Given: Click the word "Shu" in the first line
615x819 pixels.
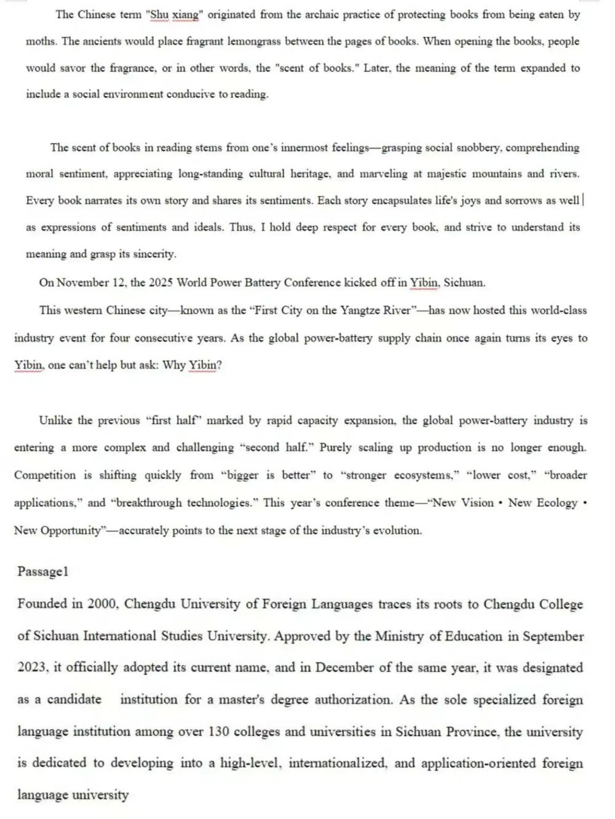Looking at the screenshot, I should tap(160, 15).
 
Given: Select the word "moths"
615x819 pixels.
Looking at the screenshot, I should tap(41, 42).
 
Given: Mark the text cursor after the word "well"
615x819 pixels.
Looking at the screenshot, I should tap(583, 200).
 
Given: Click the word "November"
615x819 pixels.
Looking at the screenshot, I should tap(82, 283).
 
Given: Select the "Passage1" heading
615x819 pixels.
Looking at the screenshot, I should tap(42, 572).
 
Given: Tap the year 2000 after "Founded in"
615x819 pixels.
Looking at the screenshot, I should tap(101, 604).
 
